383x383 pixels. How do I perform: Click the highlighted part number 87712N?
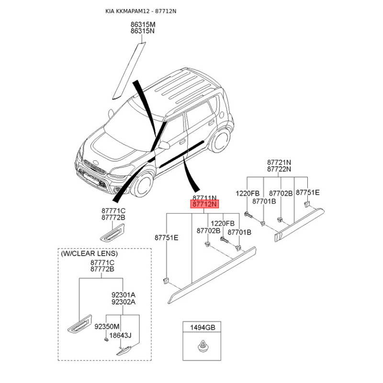point(205,204)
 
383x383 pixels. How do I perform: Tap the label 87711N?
point(205,198)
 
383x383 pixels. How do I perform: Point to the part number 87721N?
point(279,163)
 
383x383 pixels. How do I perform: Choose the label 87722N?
point(279,169)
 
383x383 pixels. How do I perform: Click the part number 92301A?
point(124,295)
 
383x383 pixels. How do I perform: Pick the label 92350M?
point(106,327)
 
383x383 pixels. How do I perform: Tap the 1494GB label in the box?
point(203,328)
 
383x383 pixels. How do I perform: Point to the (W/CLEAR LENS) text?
point(89,253)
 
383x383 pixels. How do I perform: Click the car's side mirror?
point(164,144)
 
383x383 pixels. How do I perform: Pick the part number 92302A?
point(124,302)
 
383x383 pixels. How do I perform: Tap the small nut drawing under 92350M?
point(106,339)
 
